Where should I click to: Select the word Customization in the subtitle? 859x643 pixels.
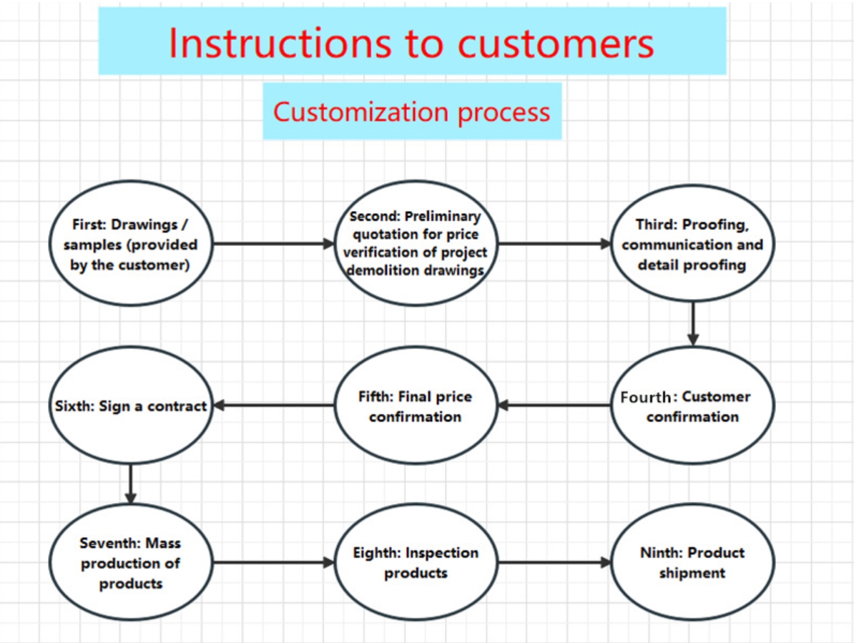361,112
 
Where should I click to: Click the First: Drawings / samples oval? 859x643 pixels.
131,244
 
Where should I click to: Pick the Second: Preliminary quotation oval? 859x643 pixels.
416,244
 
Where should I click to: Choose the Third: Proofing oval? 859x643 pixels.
692,244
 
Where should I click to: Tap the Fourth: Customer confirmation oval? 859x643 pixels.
692,406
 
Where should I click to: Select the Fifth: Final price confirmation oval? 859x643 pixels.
416,406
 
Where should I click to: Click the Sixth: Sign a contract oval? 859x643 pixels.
131,406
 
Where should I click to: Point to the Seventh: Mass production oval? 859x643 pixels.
131,563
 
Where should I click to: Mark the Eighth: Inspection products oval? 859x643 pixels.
416,563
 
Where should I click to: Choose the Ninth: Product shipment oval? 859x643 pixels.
692,563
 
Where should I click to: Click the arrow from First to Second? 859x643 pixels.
274,244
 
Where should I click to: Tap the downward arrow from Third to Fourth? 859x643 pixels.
692,324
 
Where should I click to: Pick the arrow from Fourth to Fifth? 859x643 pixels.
554,406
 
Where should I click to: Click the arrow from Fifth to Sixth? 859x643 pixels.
274,406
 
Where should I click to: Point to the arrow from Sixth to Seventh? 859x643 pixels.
130,484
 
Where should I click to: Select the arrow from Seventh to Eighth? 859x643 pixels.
274,563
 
